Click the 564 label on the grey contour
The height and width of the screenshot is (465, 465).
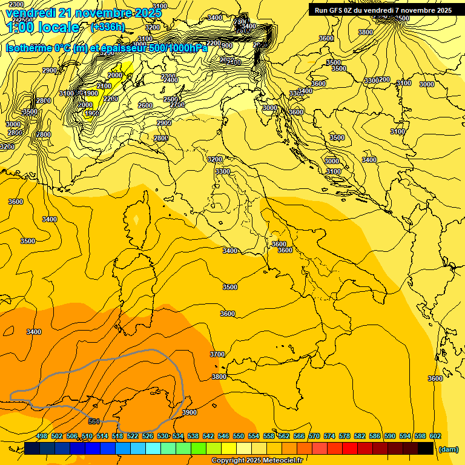click(x=94, y=421)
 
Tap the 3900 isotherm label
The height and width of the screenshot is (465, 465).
click(x=190, y=412)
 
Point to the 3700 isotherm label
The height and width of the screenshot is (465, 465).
click(x=217, y=354)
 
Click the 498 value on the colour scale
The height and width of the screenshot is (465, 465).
click(x=42, y=437)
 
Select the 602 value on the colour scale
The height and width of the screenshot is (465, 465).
click(x=435, y=437)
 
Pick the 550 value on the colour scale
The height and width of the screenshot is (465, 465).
click(x=239, y=437)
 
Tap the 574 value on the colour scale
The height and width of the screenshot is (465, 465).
click(x=329, y=437)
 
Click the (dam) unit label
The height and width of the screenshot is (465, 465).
click(x=448, y=449)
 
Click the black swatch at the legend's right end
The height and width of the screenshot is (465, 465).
click(x=426, y=448)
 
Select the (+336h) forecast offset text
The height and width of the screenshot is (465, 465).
click(x=108, y=27)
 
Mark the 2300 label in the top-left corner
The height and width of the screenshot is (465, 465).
click(x=17, y=5)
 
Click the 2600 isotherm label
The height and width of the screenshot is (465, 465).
click(x=145, y=105)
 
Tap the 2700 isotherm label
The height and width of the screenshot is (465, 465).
click(x=177, y=105)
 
